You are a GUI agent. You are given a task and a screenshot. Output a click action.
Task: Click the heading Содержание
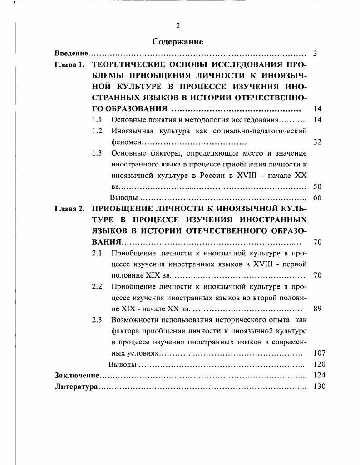(x=178, y=41)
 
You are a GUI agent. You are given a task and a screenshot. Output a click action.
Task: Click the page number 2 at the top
(x=178, y=25)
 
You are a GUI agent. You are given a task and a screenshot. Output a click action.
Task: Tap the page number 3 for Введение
(x=315, y=54)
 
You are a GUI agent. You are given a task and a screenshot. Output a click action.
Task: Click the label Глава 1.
(x=69, y=64)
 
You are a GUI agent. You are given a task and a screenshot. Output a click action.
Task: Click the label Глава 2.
(x=69, y=209)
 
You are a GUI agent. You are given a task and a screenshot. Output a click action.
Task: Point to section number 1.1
(x=96, y=120)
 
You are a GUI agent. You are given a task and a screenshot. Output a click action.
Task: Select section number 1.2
(x=96, y=131)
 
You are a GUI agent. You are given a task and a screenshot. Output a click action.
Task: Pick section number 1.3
(x=96, y=153)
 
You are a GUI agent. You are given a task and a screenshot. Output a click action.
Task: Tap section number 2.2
(x=96, y=286)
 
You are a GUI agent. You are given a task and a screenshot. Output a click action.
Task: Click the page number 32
(x=317, y=142)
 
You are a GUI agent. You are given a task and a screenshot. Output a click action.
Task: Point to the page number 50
(x=317, y=186)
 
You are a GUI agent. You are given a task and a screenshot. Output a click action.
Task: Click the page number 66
(x=317, y=197)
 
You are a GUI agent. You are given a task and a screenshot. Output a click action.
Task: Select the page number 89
(x=317, y=308)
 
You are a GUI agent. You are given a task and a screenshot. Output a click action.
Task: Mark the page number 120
(x=319, y=364)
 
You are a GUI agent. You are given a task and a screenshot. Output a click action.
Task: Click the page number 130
(x=319, y=387)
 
